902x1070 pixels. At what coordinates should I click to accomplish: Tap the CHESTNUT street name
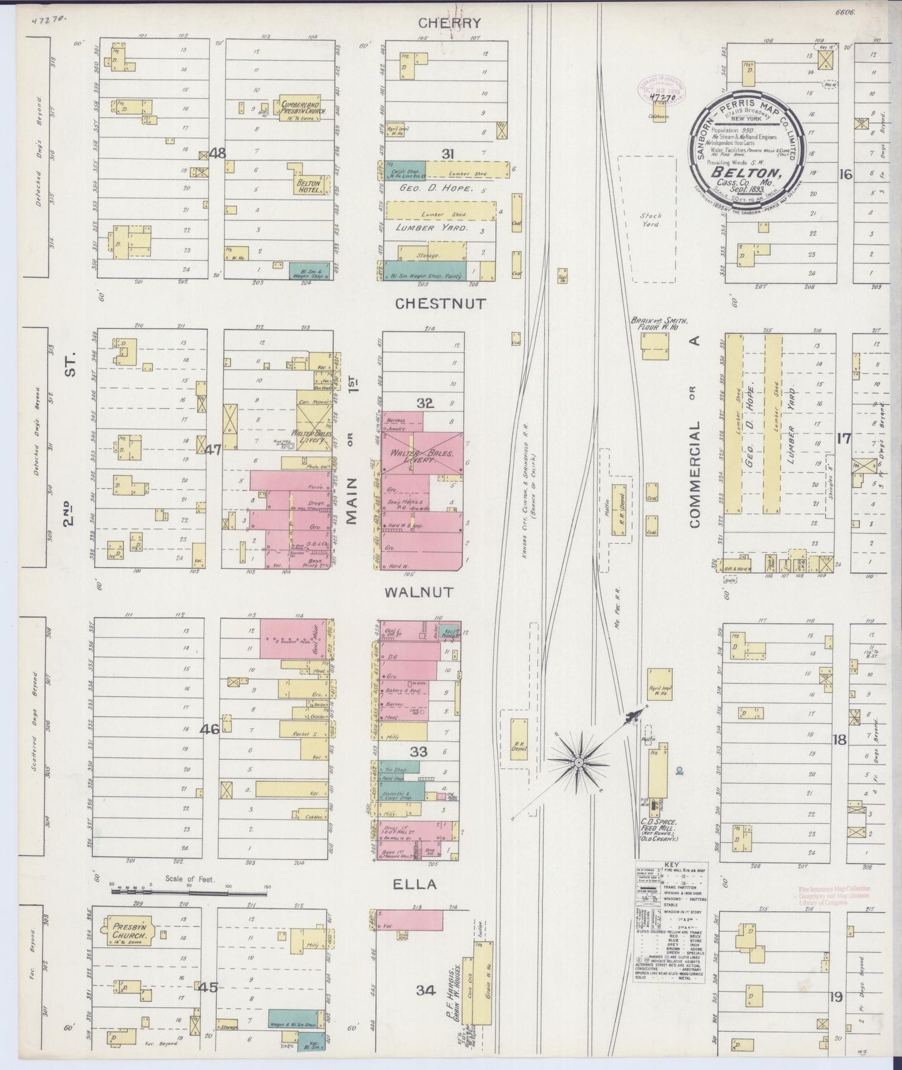click(x=440, y=304)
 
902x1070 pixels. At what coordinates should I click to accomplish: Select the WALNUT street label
click(x=428, y=592)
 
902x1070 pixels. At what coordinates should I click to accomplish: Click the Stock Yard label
click(x=650, y=220)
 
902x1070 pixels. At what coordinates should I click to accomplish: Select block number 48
click(x=218, y=152)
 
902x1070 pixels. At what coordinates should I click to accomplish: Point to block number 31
click(x=447, y=154)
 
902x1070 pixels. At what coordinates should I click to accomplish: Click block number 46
click(x=210, y=728)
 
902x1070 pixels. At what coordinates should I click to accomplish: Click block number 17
click(x=844, y=439)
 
